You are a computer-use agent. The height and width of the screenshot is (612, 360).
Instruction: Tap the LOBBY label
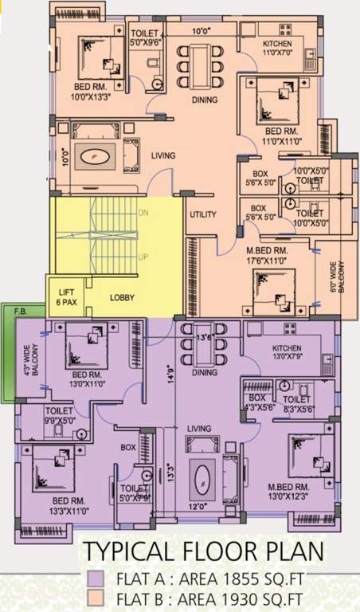pos(122,298)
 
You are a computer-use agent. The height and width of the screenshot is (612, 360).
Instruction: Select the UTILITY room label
pos(202,215)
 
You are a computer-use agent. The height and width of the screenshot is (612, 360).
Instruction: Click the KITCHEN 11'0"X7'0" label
pos(277,49)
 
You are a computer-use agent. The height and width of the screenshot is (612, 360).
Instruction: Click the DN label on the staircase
pos(143,214)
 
